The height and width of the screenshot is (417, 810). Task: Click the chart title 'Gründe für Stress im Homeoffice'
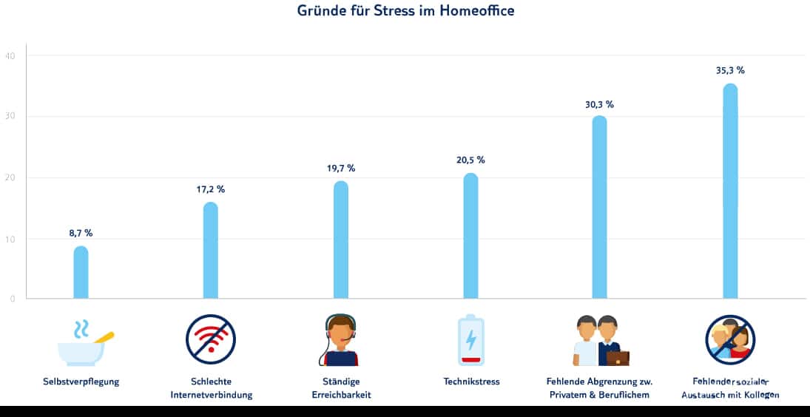pyautogui.click(x=405, y=11)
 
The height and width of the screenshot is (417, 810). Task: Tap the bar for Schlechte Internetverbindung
pyautogui.click(x=211, y=251)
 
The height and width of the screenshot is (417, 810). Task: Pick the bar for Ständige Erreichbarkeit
pyautogui.click(x=341, y=240)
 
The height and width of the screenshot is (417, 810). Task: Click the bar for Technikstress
pyautogui.click(x=470, y=236)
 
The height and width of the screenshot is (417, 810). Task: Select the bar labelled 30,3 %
pyautogui.click(x=600, y=207)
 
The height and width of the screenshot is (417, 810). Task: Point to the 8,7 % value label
pyautogui.click(x=81, y=233)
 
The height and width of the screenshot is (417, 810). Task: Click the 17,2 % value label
pyautogui.click(x=211, y=189)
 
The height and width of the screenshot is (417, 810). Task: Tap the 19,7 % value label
pyautogui.click(x=340, y=169)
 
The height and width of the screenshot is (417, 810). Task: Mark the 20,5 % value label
pyautogui.click(x=470, y=160)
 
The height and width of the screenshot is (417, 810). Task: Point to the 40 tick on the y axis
pyautogui.click(x=10, y=55)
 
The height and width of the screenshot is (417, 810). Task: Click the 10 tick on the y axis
pyautogui.click(x=10, y=239)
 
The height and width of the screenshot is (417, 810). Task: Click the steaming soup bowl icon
pyautogui.click(x=84, y=345)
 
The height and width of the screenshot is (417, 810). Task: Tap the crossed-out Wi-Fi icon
pyautogui.click(x=211, y=339)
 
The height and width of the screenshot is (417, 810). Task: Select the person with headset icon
pyautogui.click(x=340, y=340)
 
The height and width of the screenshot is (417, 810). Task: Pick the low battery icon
pyautogui.click(x=470, y=340)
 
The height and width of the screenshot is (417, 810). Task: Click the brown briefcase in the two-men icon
pyautogui.click(x=618, y=358)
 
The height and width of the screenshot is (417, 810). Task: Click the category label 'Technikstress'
pyautogui.click(x=471, y=382)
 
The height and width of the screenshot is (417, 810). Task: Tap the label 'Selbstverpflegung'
pyautogui.click(x=81, y=382)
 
